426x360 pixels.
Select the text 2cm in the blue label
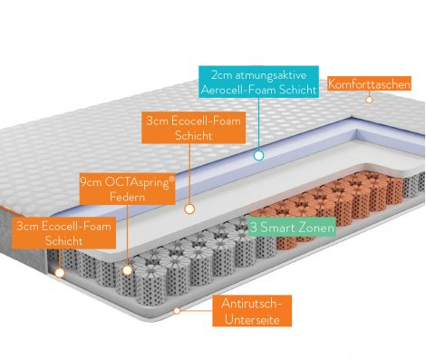pyautogui.click(x=220, y=74)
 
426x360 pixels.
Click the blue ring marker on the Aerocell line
pyautogui.click(x=258, y=156)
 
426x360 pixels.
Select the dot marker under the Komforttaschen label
pyautogui.click(x=368, y=102)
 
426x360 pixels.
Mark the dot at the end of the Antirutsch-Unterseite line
pyautogui.click(x=179, y=309)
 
